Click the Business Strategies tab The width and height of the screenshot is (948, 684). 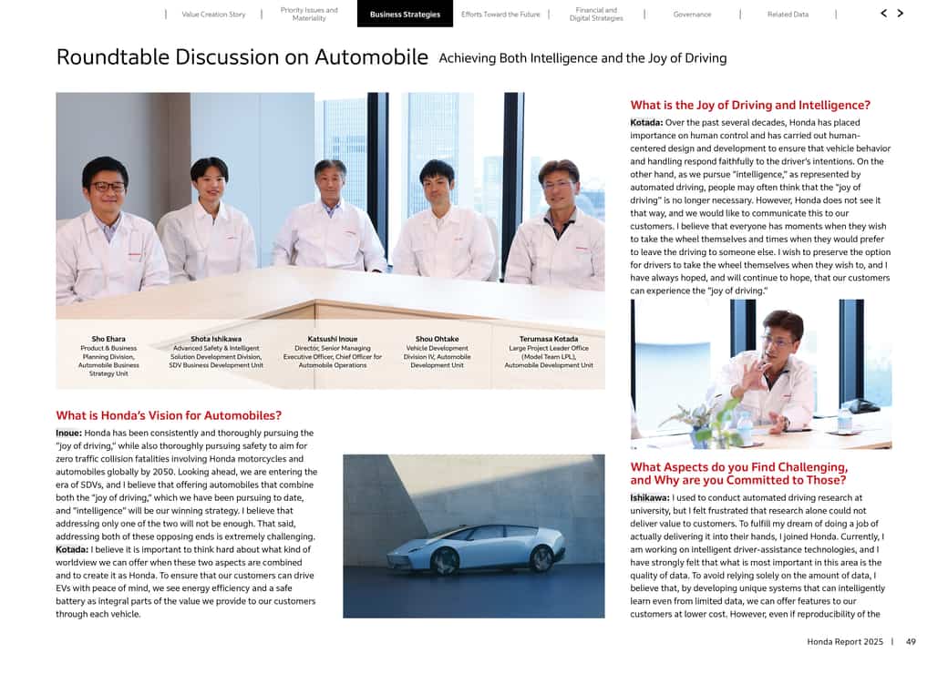pyautogui.click(x=405, y=15)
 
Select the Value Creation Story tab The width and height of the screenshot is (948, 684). pyautogui.click(x=213, y=15)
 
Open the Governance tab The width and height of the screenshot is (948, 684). pyautogui.click(x=692, y=15)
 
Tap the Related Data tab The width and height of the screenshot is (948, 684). pyautogui.click(x=788, y=15)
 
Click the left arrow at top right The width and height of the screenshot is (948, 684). pyautogui.click(x=883, y=14)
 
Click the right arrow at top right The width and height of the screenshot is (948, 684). pyautogui.click(x=901, y=14)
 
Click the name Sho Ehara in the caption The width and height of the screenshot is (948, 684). pyautogui.click(x=108, y=339)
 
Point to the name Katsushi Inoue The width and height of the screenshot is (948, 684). pyautogui.click(x=332, y=339)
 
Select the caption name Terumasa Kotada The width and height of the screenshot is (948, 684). pyautogui.click(x=549, y=339)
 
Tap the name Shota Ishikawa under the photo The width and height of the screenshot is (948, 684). pyautogui.click(x=216, y=339)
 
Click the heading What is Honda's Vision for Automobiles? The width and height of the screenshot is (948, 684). pyautogui.click(x=169, y=415)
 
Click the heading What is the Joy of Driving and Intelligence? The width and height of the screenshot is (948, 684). pyautogui.click(x=750, y=106)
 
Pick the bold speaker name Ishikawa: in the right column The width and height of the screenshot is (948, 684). pyautogui.click(x=649, y=498)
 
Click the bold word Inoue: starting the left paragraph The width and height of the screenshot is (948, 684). pyautogui.click(x=69, y=434)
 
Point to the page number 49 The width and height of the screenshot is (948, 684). pyautogui.click(x=911, y=642)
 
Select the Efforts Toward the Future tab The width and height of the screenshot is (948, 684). pyautogui.click(x=500, y=15)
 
